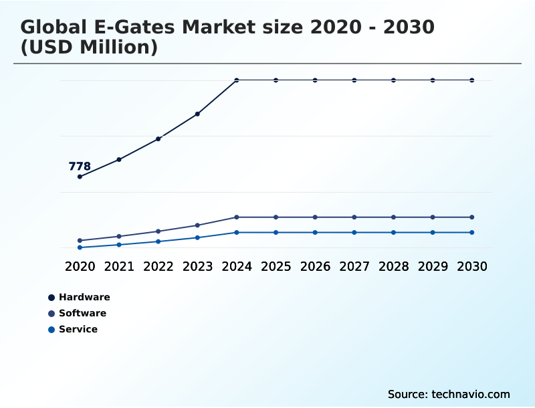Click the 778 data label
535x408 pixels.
(80, 167)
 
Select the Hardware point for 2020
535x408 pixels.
(80, 177)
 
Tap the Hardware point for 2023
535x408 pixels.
(197, 114)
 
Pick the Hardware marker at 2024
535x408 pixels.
(237, 80)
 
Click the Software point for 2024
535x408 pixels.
(237, 217)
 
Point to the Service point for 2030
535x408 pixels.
(471, 232)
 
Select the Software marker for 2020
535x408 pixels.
(80, 240)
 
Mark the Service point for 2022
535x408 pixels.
(158, 241)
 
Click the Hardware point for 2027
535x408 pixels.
(354, 80)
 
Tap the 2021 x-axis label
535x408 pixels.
(119, 266)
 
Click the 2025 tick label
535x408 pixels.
(276, 266)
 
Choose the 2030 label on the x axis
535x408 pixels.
(471, 266)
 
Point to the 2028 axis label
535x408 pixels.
(393, 266)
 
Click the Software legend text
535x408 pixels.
(82, 313)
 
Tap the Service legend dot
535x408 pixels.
(51, 329)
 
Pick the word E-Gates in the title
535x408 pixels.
(132, 27)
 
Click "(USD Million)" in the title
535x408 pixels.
(89, 47)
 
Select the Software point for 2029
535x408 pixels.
(433, 217)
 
